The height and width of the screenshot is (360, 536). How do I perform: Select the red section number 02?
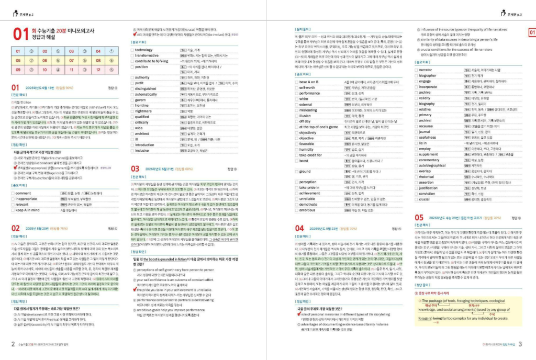16,228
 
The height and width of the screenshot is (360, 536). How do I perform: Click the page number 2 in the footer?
13,344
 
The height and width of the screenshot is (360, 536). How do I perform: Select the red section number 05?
419,217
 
